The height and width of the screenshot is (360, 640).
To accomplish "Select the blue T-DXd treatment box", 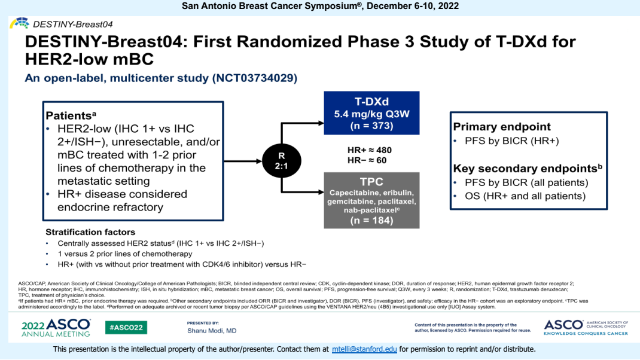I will tap(371, 113).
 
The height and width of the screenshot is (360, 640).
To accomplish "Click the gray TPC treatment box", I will tap(371, 200).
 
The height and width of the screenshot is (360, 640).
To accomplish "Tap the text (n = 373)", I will tap(371, 126).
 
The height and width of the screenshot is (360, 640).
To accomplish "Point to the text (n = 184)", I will tap(371, 220).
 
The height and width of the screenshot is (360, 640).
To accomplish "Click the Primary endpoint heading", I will tap(502, 126).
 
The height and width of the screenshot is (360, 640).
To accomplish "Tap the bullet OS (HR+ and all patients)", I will tap(525, 196).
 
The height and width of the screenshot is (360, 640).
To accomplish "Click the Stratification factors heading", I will tap(90, 232).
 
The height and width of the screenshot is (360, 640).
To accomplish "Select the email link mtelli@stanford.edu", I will tap(364, 349).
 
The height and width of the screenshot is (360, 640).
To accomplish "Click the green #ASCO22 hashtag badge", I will tap(126, 328).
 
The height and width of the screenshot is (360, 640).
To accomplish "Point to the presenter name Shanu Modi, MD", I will tap(212, 331).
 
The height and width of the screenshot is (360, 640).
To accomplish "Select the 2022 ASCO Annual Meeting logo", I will tap(56, 327).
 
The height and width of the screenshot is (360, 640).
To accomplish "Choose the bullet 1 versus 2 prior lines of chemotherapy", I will tap(124, 254).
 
